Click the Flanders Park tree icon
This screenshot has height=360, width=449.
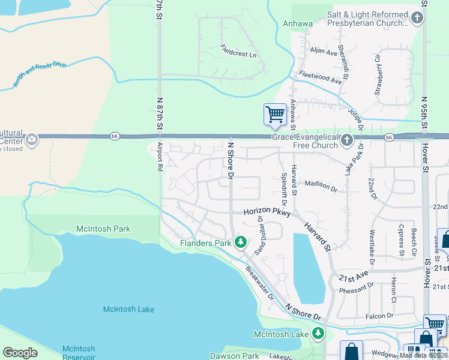pos(241,242)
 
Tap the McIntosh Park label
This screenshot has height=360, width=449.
pos(103,229)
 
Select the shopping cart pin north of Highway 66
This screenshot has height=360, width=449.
pos(275,114)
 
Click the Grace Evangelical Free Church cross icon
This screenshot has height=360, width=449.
pos(346,140)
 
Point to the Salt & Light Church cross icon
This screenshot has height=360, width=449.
pos(418,18)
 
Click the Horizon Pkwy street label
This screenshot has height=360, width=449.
pos(267,212)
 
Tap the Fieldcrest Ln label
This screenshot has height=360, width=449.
pos(238,52)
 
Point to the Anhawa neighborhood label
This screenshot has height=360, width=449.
pos(298,24)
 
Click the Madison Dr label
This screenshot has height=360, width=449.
pos(321,185)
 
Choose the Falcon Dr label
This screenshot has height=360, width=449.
pos(381,315)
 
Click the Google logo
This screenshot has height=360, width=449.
pos(20,353)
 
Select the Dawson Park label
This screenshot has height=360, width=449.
pos(234,356)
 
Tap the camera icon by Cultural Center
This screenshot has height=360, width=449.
pos(31,140)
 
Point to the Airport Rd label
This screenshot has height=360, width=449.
pos(160,157)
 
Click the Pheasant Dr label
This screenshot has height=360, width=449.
pos(357,289)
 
